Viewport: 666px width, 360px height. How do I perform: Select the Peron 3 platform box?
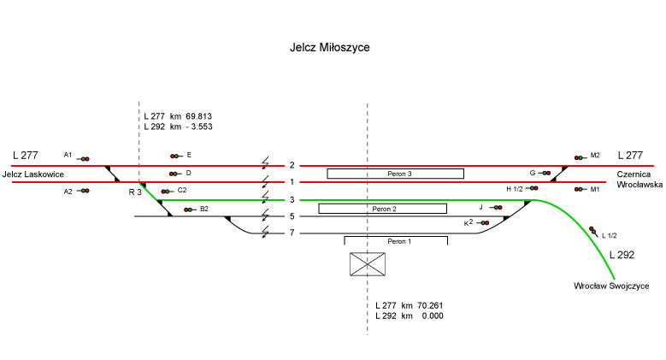(395, 174)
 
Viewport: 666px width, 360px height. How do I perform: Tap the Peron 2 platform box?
(382, 208)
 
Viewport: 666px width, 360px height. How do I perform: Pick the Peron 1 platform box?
(395, 241)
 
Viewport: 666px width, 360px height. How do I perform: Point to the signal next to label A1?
(85, 158)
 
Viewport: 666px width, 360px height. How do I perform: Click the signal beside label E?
(175, 156)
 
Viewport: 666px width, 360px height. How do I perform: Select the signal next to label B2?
(189, 209)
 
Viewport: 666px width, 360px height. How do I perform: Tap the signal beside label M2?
(580, 157)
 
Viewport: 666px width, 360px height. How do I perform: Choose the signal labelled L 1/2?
(592, 229)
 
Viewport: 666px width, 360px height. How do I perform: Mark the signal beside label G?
(545, 173)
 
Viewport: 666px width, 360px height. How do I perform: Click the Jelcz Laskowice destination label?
(35, 174)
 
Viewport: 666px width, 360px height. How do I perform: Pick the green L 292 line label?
(622, 254)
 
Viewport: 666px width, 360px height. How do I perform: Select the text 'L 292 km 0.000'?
(410, 316)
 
